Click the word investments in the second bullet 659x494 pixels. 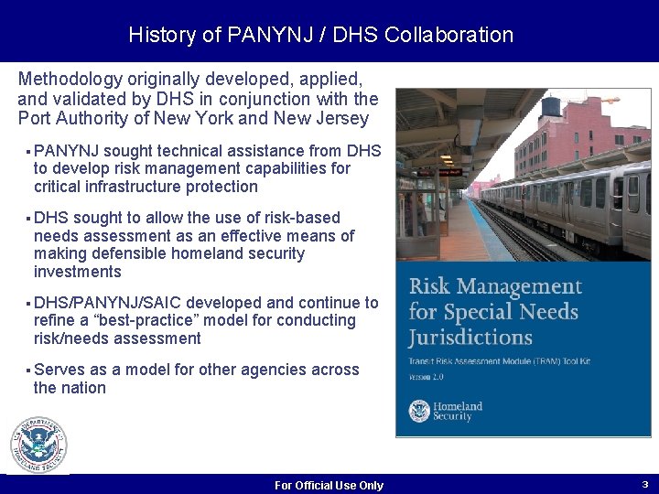tap(77, 272)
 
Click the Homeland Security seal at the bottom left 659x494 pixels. tap(38, 446)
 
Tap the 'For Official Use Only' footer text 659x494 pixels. tap(329, 486)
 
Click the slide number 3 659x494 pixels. tap(644, 484)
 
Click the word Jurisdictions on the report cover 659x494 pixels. tap(470, 337)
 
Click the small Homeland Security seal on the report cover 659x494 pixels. tap(419, 411)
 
